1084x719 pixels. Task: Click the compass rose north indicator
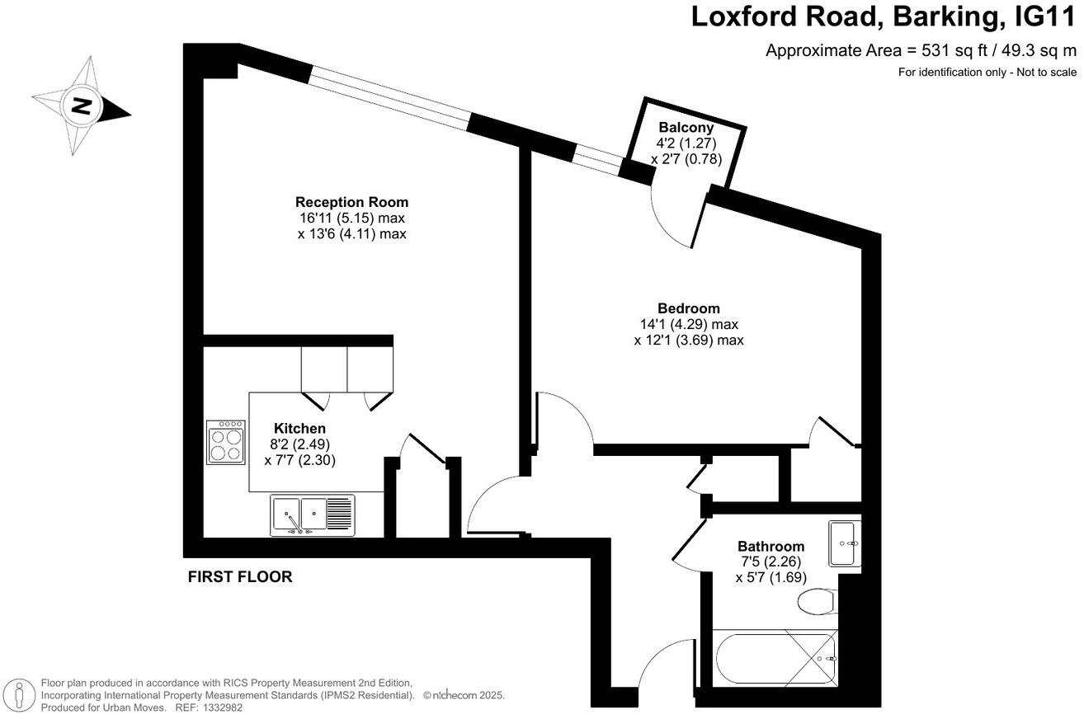click(81, 106)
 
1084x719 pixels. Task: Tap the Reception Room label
click(351, 202)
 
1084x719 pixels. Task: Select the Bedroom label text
click(688, 308)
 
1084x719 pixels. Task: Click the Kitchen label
click(299, 429)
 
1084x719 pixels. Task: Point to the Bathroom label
click(771, 547)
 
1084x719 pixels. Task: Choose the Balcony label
click(686, 128)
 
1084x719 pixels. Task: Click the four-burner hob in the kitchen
click(225, 443)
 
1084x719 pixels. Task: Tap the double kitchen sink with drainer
click(312, 515)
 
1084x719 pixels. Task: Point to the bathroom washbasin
click(844, 543)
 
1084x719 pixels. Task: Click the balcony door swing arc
click(672, 219)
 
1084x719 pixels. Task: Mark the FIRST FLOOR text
click(240, 577)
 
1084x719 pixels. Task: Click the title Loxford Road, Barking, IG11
click(883, 16)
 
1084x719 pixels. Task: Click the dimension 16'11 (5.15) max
click(351, 219)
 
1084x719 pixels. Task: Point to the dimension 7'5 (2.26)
click(771, 562)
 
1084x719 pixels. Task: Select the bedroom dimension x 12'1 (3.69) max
click(688, 340)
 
